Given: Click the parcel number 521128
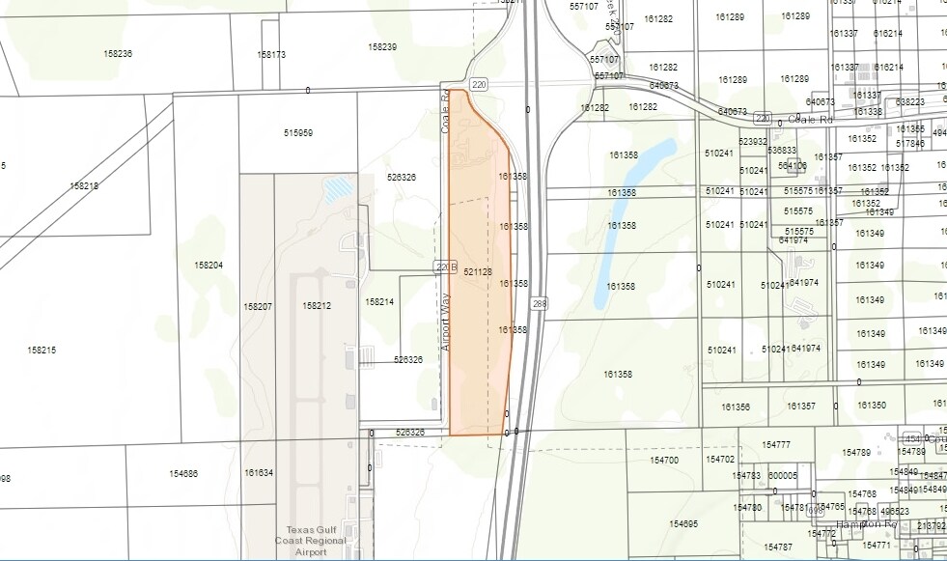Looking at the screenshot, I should click(478, 272).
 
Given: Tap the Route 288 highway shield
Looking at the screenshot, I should click(539, 304).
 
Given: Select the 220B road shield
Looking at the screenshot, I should click(444, 266).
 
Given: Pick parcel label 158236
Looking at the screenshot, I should click(118, 53).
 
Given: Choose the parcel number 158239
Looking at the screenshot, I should click(382, 46).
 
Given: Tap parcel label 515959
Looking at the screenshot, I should click(298, 132).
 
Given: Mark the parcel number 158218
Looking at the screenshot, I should click(84, 185).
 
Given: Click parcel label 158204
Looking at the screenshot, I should click(209, 265).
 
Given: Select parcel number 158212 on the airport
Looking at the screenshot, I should click(317, 306).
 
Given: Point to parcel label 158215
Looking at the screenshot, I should click(42, 350).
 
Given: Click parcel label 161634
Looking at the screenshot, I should click(259, 473).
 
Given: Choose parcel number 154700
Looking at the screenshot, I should click(664, 461).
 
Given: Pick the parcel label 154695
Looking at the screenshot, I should click(682, 523).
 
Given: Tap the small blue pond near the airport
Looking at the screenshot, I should click(339, 187).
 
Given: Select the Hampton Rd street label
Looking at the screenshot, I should click(867, 523).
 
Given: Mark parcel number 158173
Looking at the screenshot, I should click(271, 55).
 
